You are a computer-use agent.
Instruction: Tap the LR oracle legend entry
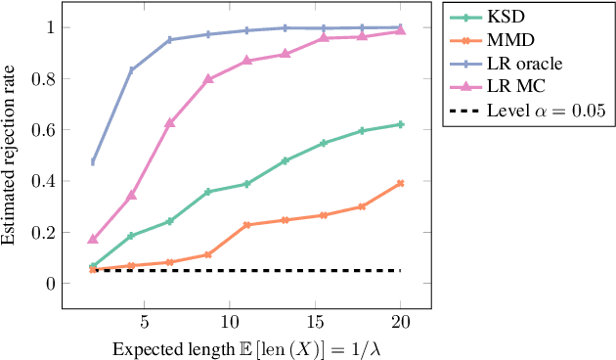tap(519, 64)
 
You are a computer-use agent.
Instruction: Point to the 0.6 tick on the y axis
tap(43, 130)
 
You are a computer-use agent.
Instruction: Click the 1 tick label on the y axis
tap(49, 27)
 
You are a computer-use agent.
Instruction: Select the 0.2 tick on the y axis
tap(43, 233)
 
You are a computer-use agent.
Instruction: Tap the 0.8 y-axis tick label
tap(43, 78)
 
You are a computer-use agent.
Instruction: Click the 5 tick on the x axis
tap(144, 322)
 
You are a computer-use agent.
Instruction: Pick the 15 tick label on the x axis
tap(315, 322)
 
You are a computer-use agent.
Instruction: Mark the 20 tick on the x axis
tap(401, 322)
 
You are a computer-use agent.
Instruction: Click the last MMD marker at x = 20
tap(401, 183)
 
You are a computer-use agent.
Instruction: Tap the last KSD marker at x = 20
tap(401, 124)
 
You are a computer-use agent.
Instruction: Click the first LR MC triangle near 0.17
tap(93, 239)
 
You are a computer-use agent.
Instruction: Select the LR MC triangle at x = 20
tap(401, 31)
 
